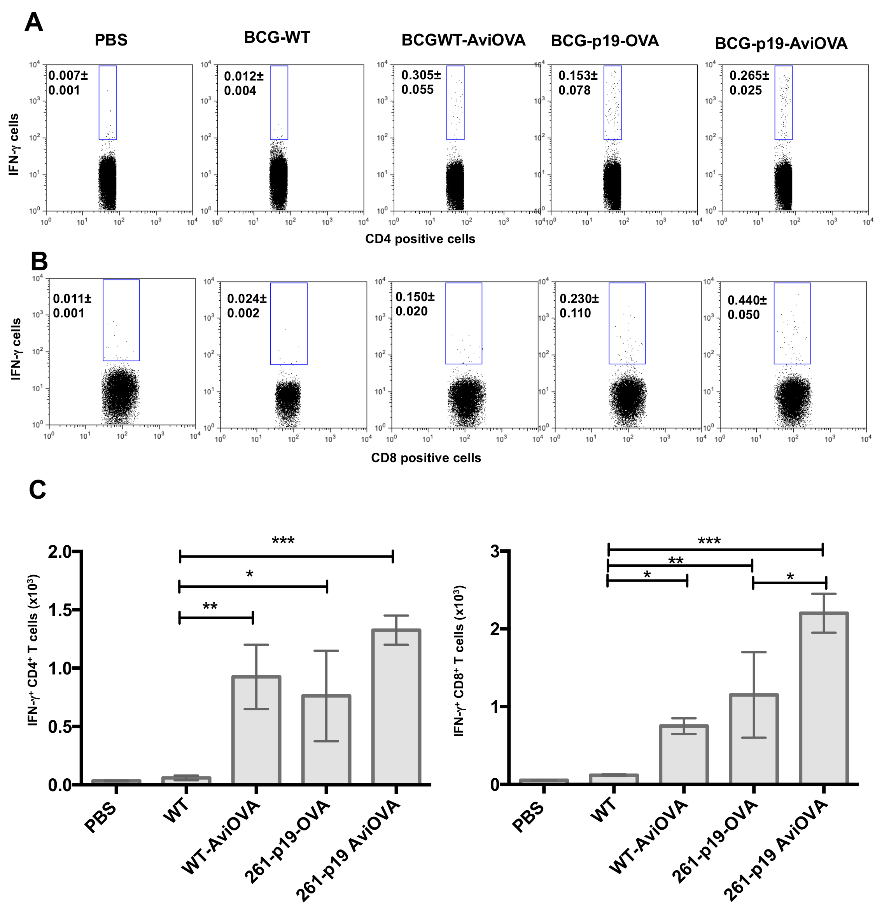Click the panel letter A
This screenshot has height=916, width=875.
click(33, 23)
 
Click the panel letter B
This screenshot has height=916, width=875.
click(39, 262)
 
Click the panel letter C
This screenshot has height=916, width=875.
click(37, 490)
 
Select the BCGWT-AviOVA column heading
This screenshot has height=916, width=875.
click(463, 40)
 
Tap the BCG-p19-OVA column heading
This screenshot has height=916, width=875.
click(604, 41)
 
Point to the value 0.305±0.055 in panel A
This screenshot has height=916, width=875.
click(421, 82)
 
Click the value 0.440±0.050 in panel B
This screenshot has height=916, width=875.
click(747, 307)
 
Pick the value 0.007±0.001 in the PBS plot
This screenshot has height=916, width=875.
click(68, 82)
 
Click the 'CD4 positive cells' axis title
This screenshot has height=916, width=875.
click(420, 239)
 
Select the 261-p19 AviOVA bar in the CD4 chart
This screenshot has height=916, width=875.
click(396, 707)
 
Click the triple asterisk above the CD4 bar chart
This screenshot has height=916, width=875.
click(283, 541)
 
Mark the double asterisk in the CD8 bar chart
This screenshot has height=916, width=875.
click(676, 560)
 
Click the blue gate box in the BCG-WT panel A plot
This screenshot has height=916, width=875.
click(279, 103)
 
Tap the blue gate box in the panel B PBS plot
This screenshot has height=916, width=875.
click(121, 320)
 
